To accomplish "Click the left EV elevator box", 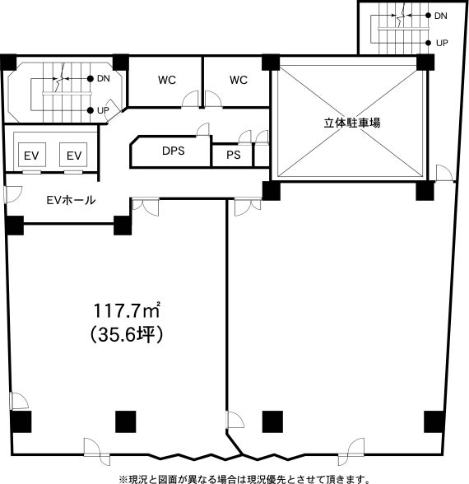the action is (x=32, y=155).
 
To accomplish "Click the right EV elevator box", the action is (x=73, y=155).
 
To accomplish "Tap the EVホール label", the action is (x=71, y=200).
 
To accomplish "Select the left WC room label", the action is (x=167, y=80).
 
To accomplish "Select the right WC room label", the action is (x=239, y=80).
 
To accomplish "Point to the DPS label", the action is (x=173, y=151).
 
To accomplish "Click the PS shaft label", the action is (x=234, y=155).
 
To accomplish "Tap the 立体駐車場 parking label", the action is (x=352, y=123).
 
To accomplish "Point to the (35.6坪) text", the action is (x=127, y=334).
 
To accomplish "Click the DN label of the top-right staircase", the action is (x=441, y=16).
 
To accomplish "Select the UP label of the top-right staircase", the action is (x=442, y=43).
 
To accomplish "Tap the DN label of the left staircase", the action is (x=104, y=79).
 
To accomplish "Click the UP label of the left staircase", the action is (x=103, y=110).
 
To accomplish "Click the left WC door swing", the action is (x=190, y=100).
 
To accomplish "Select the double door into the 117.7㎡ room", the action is (x=146, y=207).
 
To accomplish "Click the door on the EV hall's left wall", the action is (x=12, y=194).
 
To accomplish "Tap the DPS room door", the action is (x=203, y=129).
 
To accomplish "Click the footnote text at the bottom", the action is (x=244, y=479).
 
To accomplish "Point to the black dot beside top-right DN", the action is (x=428, y=16).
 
